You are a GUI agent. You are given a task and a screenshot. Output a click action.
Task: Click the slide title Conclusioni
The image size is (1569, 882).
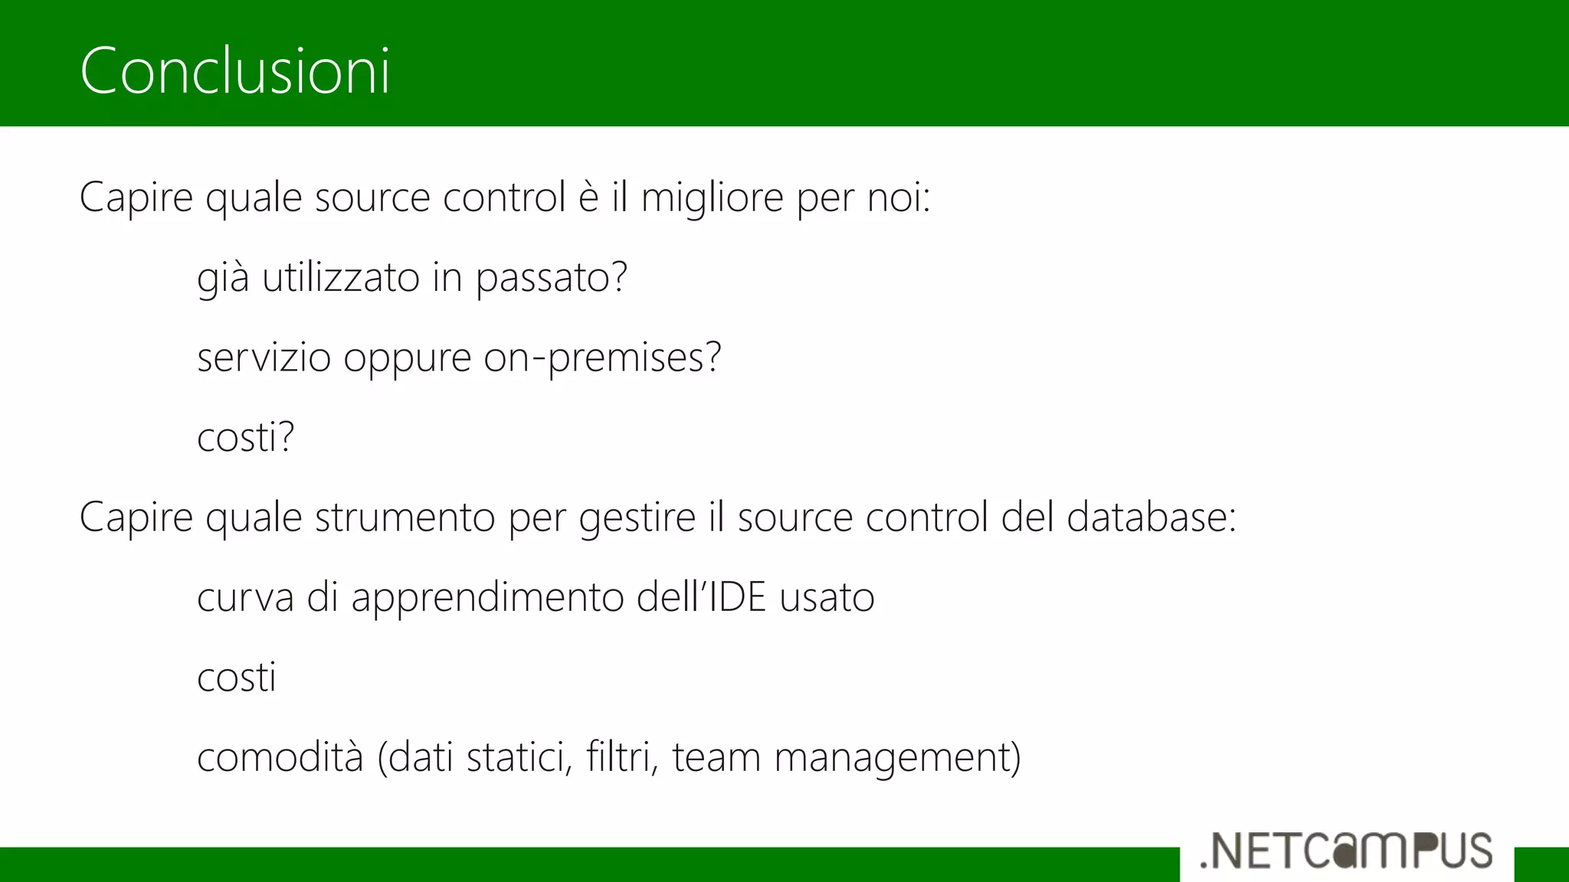click(x=234, y=70)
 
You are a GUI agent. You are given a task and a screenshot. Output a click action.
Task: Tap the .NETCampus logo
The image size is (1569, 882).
click(x=1346, y=851)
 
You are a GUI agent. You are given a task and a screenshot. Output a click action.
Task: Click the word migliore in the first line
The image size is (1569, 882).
click(x=712, y=198)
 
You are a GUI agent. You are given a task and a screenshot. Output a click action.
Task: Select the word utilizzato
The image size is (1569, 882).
click(x=341, y=277)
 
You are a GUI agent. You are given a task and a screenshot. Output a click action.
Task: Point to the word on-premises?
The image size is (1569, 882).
click(x=602, y=358)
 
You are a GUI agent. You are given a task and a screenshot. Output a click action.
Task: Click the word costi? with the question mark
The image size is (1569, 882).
click(x=245, y=437)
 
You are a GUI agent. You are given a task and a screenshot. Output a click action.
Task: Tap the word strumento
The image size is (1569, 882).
click(x=405, y=518)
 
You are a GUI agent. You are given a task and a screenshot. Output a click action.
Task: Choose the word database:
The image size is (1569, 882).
click(x=1151, y=518)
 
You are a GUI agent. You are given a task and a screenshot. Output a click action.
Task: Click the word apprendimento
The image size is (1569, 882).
click(x=487, y=598)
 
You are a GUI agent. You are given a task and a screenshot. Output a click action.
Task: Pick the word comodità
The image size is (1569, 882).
click(x=280, y=757)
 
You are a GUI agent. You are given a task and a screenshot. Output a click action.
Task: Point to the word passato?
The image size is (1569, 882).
click(x=551, y=277)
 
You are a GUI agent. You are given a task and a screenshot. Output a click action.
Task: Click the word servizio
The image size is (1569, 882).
click(x=264, y=358)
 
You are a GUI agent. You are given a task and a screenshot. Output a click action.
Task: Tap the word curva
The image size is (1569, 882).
click(x=245, y=598)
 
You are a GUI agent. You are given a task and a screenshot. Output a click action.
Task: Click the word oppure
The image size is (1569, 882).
click(x=407, y=358)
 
